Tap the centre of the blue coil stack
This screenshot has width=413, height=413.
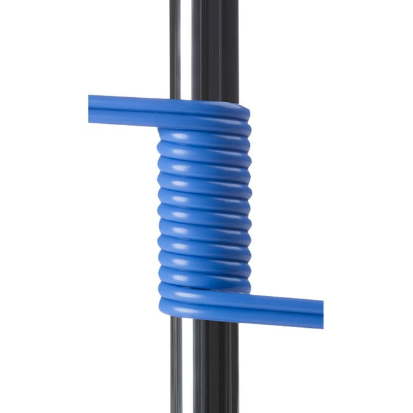(203, 210)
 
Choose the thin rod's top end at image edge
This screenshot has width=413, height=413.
(176, 2)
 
